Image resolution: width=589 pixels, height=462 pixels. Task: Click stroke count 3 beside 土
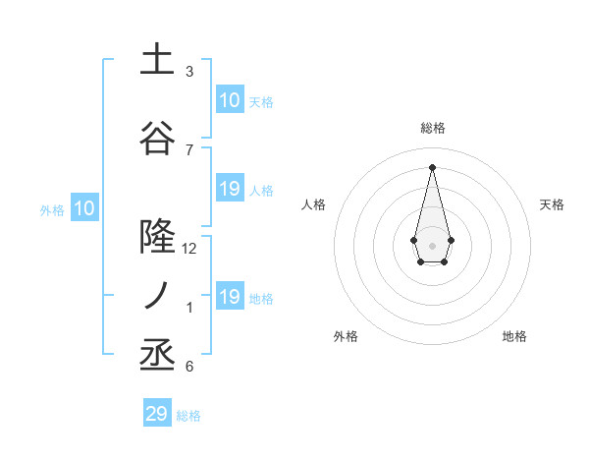[189, 72]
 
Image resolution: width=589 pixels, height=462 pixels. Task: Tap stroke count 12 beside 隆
[189, 249]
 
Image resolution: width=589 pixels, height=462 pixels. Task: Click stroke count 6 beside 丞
[189, 367]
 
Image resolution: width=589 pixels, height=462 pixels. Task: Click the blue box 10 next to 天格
[229, 100]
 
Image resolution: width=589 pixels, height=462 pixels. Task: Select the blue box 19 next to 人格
[229, 189]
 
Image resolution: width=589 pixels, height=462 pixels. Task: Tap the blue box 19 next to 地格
[229, 297]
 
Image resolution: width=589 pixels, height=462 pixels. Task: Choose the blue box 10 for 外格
[84, 207]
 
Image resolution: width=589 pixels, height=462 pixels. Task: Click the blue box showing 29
[157, 414]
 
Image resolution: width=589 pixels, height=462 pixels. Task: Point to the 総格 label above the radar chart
[432, 128]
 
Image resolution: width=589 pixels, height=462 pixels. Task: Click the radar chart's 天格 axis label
[553, 204]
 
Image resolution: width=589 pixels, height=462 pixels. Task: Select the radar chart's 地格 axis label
[514, 336]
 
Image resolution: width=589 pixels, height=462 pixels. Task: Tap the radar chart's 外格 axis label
[346, 336]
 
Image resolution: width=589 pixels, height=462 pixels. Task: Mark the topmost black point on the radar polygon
[432, 167]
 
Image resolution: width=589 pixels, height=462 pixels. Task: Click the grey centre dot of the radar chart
[432, 245]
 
